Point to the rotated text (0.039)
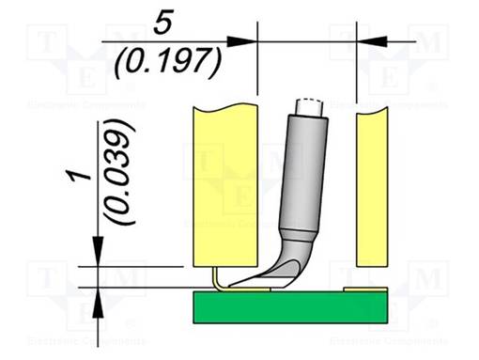(120, 170)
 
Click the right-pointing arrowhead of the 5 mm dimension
(245, 40)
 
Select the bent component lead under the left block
(217, 278)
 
